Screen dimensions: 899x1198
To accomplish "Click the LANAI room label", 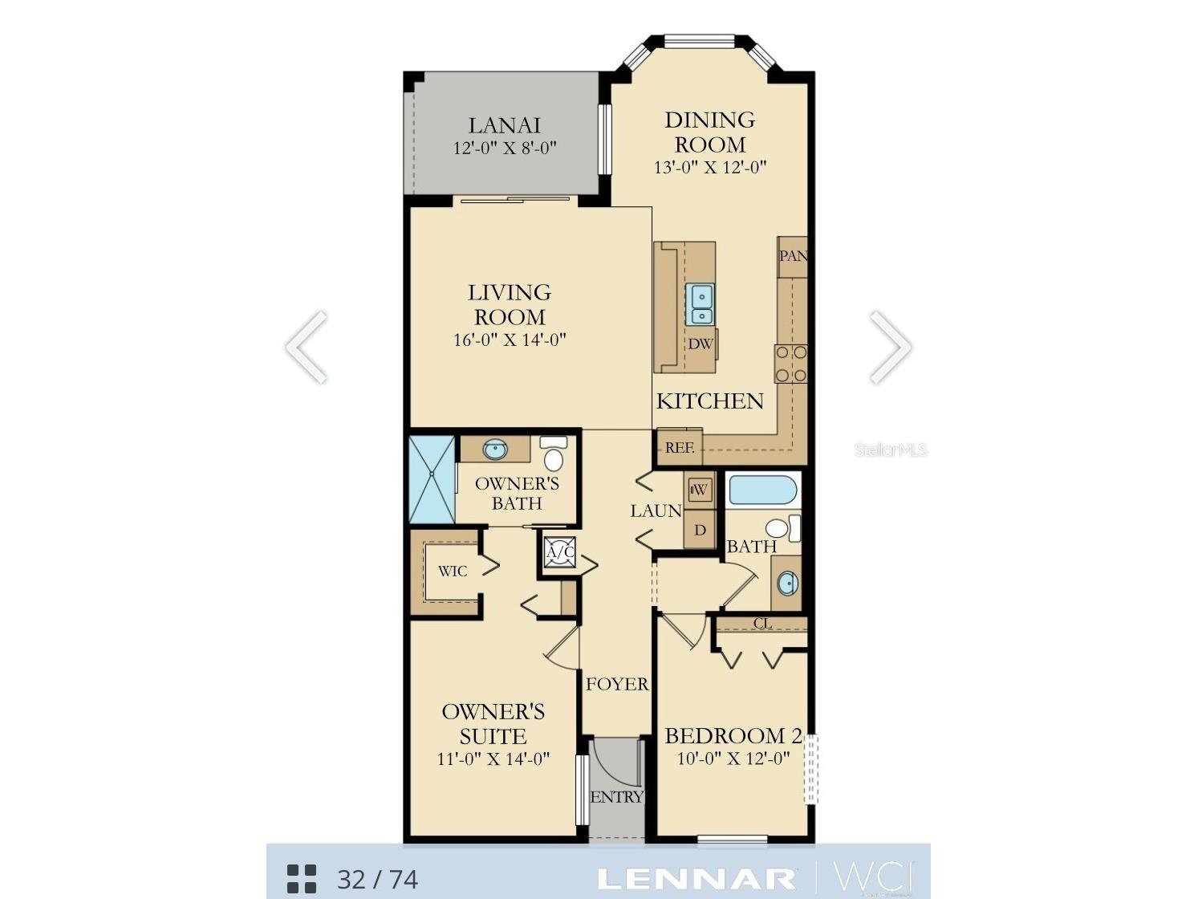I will click(x=504, y=125).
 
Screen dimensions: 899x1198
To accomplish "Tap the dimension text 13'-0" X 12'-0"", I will click(x=710, y=168).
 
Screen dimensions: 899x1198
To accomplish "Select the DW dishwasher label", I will click(x=700, y=344).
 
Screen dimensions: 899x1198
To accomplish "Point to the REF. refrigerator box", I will click(x=680, y=447).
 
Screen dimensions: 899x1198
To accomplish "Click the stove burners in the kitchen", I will click(x=790, y=364).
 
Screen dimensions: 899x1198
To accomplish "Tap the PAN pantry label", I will click(x=793, y=256).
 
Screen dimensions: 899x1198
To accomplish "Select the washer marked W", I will click(x=700, y=490).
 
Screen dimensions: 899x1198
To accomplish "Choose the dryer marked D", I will click(x=700, y=531).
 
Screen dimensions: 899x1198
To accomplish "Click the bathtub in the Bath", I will click(x=762, y=490).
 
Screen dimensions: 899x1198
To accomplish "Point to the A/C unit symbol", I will click(x=559, y=552).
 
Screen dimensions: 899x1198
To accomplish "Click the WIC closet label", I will click(x=452, y=572).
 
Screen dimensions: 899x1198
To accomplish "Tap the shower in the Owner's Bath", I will click(x=432, y=479).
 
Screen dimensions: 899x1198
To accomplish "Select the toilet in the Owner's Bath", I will click(x=553, y=454).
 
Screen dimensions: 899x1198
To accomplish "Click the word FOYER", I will click(x=616, y=685).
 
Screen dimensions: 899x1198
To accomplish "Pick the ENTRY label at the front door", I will click(x=616, y=797).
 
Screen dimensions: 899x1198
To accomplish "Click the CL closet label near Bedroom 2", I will click(x=762, y=624).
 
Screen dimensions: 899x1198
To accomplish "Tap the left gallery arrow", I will click(x=307, y=347).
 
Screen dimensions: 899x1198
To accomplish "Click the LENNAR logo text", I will click(x=696, y=878).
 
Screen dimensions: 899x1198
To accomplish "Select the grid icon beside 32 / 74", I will click(x=302, y=879).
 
